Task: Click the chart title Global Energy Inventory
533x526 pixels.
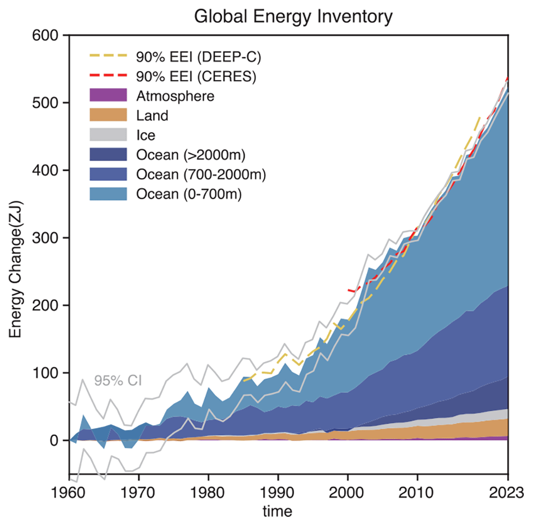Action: [293, 17]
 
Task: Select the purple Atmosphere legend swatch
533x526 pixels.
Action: [108, 95]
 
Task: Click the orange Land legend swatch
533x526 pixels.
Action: [108, 115]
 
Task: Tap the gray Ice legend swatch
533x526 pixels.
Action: [108, 135]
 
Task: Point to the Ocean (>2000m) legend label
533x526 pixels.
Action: [190, 155]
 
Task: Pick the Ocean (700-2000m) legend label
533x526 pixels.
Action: [201, 175]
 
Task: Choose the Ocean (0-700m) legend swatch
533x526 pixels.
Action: [108, 195]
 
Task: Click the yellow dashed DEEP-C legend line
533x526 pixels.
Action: [108, 56]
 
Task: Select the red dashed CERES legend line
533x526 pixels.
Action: [108, 76]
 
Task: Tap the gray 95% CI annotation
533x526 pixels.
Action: [118, 381]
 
